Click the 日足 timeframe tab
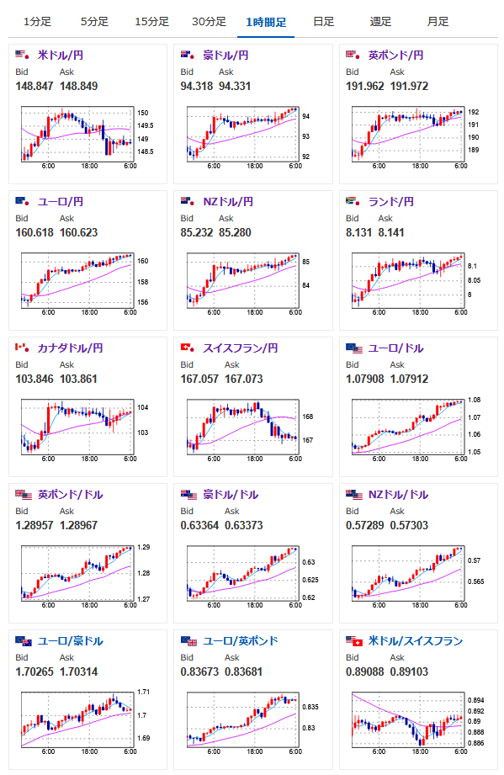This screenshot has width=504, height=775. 324,22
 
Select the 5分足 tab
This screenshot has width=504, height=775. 94,22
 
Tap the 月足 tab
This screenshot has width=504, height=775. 438,22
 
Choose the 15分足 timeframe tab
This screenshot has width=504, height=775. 151,22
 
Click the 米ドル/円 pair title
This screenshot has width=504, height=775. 61,56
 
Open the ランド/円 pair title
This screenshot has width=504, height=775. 391,202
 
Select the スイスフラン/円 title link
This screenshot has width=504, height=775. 240,348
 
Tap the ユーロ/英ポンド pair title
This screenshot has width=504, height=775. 240,640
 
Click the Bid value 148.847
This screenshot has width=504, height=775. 34,86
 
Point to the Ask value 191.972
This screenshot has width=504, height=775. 409,86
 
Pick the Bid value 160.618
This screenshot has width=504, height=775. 34,232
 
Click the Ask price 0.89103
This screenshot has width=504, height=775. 409,671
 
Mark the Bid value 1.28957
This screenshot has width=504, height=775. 34,525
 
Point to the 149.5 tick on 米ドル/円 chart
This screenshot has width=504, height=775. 146,125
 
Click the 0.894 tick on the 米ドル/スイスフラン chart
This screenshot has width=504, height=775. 476,700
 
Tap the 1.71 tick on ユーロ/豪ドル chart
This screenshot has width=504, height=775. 143,692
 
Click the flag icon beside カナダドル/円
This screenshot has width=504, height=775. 22,348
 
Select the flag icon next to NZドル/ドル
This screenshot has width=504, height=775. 353,494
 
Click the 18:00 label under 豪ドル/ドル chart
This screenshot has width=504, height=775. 255,605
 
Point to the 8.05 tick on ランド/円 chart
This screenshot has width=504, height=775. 475,280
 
